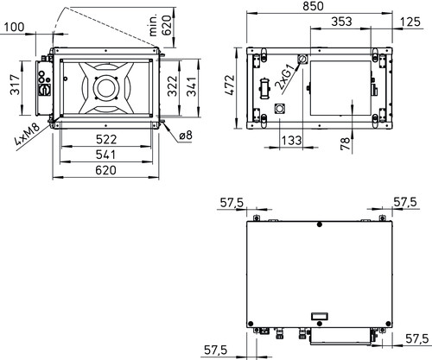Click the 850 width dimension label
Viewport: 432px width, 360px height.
pos(313,6)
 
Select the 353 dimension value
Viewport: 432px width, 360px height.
pos(341,22)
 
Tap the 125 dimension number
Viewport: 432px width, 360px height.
pos(410,22)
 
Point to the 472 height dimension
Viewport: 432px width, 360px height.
pos(230,85)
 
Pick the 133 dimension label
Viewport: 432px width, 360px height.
pos(291,141)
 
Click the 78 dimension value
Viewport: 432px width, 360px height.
pos(345,143)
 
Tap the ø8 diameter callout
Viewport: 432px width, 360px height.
pos(186,135)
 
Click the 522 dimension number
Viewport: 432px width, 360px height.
pos(106,140)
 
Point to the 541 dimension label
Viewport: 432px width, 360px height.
pos(105,155)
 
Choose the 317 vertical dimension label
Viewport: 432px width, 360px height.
pos(15,85)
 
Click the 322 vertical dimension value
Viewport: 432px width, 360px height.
pos(173,85)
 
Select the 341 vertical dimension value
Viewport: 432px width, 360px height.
pos(192,86)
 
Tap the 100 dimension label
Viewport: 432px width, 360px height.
pos(14,27)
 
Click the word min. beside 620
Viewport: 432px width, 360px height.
pos(154,25)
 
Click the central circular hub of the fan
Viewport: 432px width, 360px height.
pos(105,88)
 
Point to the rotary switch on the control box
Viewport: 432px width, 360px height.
pos(45,91)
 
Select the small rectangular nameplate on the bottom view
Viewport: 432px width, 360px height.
pos(320,316)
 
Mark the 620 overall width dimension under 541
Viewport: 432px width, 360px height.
pos(105,170)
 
